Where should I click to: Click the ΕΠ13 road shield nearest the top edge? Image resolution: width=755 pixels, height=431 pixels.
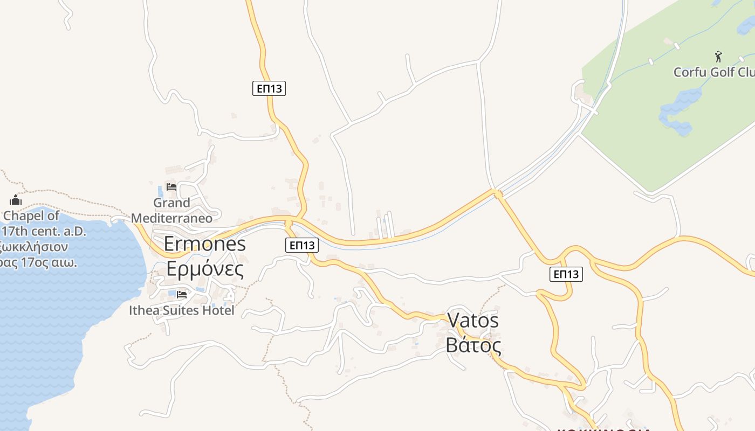pyautogui.click(x=269, y=88)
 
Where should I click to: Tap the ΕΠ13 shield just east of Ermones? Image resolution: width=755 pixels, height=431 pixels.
pyautogui.click(x=301, y=245)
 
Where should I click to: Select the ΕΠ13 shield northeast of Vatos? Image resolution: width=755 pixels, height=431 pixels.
pyautogui.click(x=566, y=274)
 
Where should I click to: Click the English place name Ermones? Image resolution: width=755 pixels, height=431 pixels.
pyautogui.click(x=204, y=244)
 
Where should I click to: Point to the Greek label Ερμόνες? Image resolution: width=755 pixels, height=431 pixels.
pyautogui.click(x=204, y=268)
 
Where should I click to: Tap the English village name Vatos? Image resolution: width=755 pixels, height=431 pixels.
pyautogui.click(x=473, y=321)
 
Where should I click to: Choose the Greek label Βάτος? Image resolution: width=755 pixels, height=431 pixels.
pyautogui.click(x=473, y=345)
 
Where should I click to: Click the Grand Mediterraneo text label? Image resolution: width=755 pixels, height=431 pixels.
pyautogui.click(x=171, y=210)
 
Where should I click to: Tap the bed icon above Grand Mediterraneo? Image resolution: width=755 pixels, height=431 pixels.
pyautogui.click(x=171, y=187)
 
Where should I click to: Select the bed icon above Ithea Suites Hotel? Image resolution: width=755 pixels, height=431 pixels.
pyautogui.click(x=181, y=294)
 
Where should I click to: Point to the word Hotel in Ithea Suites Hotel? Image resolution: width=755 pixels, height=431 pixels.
pyautogui.click(x=218, y=311)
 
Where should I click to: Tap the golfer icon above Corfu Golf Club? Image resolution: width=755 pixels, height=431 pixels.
pyautogui.click(x=718, y=56)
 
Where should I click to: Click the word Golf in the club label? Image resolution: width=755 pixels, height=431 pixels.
pyautogui.click(x=722, y=72)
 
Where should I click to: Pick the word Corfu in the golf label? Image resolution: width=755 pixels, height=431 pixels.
pyautogui.click(x=689, y=72)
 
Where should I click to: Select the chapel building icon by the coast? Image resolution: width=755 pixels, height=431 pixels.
pyautogui.click(x=16, y=200)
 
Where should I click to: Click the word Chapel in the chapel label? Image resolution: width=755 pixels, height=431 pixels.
pyautogui.click(x=31, y=216)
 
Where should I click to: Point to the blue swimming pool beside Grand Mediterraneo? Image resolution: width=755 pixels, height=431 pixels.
pyautogui.click(x=160, y=191)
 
